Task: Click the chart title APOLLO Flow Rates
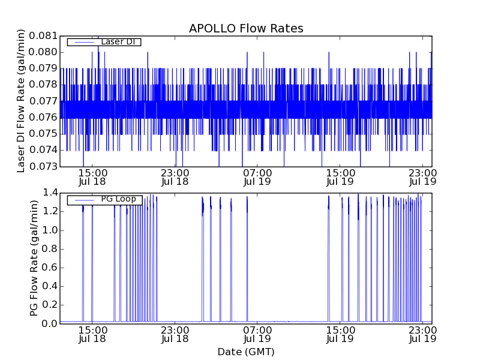point(246,28)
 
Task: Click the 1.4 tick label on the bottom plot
point(50,193)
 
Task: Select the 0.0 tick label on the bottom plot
point(50,324)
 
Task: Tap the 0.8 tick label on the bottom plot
point(50,249)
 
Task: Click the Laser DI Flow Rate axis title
point(22,101)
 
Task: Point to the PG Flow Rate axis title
point(34,258)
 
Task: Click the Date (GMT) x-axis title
point(246,352)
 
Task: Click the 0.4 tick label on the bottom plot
point(50,286)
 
